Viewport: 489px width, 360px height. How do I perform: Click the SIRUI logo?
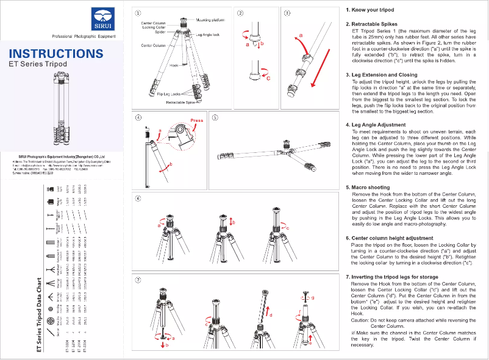click(x=100, y=20)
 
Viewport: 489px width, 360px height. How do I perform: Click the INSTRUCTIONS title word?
click(x=56, y=54)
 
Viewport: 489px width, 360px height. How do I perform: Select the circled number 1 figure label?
click(x=139, y=13)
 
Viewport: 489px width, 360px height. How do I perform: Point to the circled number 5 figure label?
click(x=215, y=119)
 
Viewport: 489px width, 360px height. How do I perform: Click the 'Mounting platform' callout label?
click(x=210, y=20)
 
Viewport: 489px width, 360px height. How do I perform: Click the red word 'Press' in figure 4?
click(x=197, y=121)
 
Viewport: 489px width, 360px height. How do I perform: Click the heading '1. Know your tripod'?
click(x=371, y=11)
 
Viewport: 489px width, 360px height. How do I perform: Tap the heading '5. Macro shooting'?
click(x=368, y=188)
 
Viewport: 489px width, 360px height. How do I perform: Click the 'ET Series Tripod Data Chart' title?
click(x=40, y=317)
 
